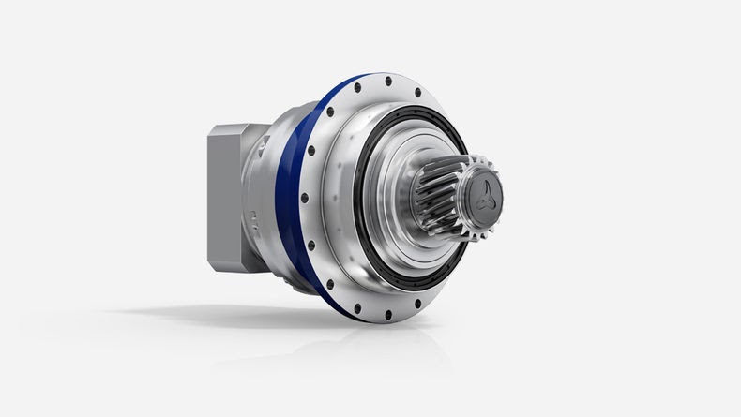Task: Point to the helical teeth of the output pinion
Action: coord(434,196)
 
